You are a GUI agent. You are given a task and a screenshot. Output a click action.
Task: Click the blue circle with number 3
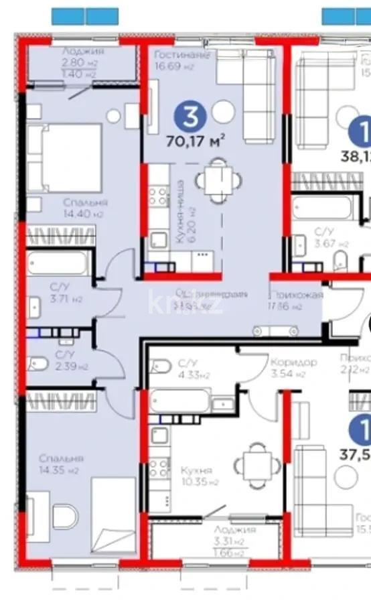[190, 117]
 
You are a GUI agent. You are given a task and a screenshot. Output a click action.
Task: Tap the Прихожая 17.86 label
[296, 300]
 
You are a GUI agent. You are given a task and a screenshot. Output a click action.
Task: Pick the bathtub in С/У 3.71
[58, 263]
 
